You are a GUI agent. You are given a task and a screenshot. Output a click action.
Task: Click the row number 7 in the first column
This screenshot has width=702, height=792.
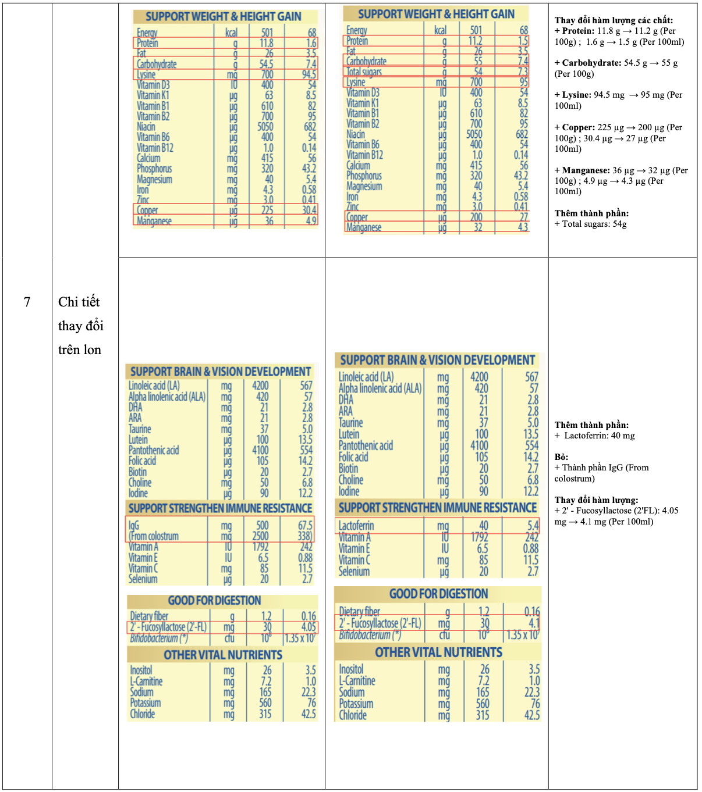pyautogui.click(x=27, y=302)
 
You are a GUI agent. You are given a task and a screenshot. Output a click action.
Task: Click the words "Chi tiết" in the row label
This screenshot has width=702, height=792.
pyautogui.click(x=79, y=302)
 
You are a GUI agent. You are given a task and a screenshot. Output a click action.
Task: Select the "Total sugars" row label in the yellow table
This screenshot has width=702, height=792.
pyautogui.click(x=364, y=72)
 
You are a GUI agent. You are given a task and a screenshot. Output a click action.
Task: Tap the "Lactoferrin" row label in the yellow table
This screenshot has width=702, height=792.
pyautogui.click(x=356, y=526)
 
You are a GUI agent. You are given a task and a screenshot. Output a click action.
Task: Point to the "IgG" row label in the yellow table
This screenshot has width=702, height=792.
pyautogui.click(x=134, y=525)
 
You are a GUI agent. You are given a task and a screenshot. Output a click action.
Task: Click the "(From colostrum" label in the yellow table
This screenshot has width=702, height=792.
pyautogui.click(x=154, y=536)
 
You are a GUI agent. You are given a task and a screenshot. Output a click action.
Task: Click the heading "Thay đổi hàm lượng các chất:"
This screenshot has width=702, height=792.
pyautogui.click(x=614, y=20)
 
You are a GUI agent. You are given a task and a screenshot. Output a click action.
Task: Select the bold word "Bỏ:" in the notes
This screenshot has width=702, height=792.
pyautogui.click(x=561, y=457)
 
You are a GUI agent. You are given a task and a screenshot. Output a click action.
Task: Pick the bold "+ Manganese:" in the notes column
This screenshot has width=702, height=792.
pyautogui.click(x=582, y=170)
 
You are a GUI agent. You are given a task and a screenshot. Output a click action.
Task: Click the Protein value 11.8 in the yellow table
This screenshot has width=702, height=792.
pyautogui.click(x=266, y=43)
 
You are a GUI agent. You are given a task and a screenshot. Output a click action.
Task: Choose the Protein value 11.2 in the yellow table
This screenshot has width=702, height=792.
pyautogui.click(x=476, y=41)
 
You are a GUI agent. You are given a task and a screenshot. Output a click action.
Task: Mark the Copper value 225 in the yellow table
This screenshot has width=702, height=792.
pyautogui.click(x=267, y=210)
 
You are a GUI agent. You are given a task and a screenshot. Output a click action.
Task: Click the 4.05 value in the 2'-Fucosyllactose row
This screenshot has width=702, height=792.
pyautogui.click(x=309, y=627)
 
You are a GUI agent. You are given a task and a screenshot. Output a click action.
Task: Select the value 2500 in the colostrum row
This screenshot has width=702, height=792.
pyautogui.click(x=260, y=536)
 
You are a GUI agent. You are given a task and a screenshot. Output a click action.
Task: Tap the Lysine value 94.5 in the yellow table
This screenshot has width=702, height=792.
pyautogui.click(x=309, y=74)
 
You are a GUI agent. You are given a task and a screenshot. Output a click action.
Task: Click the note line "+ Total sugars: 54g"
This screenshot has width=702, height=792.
pyautogui.click(x=591, y=224)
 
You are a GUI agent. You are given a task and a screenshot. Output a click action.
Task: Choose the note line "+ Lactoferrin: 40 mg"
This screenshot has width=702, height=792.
pyautogui.click(x=595, y=436)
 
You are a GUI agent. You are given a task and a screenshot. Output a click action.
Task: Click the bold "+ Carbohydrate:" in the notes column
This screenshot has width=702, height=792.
pyautogui.click(x=587, y=63)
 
